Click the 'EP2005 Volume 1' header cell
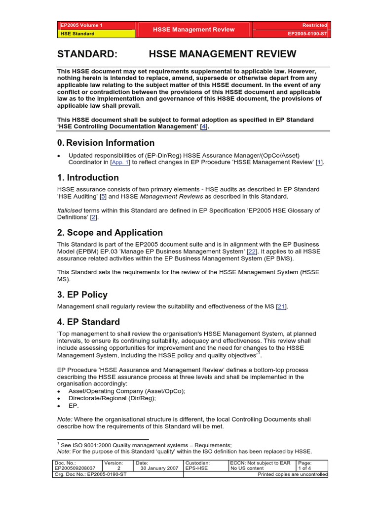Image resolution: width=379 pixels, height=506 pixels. [x=81, y=25]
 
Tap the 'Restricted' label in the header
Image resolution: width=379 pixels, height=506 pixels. [x=315, y=25]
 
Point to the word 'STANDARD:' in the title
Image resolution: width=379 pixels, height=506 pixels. [x=87, y=54]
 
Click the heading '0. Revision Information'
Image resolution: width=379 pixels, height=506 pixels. [x=106, y=143]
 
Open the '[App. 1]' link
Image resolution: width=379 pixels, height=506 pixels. [x=120, y=162]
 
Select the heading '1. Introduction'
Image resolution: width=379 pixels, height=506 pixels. [x=88, y=177]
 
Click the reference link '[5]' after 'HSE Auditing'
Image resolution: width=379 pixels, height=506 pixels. [x=103, y=196]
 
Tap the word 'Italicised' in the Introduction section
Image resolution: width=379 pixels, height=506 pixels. [x=70, y=210]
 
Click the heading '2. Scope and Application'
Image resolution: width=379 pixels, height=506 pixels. [x=110, y=233]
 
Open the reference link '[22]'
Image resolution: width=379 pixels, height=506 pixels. [x=252, y=252]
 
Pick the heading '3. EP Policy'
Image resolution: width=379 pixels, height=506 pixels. [x=82, y=295]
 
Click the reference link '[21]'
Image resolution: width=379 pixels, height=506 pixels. [x=281, y=306]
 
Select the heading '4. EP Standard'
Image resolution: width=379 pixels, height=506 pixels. [x=88, y=322]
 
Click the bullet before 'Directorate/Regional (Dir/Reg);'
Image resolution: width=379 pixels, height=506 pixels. [x=59, y=398]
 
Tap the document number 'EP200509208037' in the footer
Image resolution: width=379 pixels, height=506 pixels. [x=75, y=468]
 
